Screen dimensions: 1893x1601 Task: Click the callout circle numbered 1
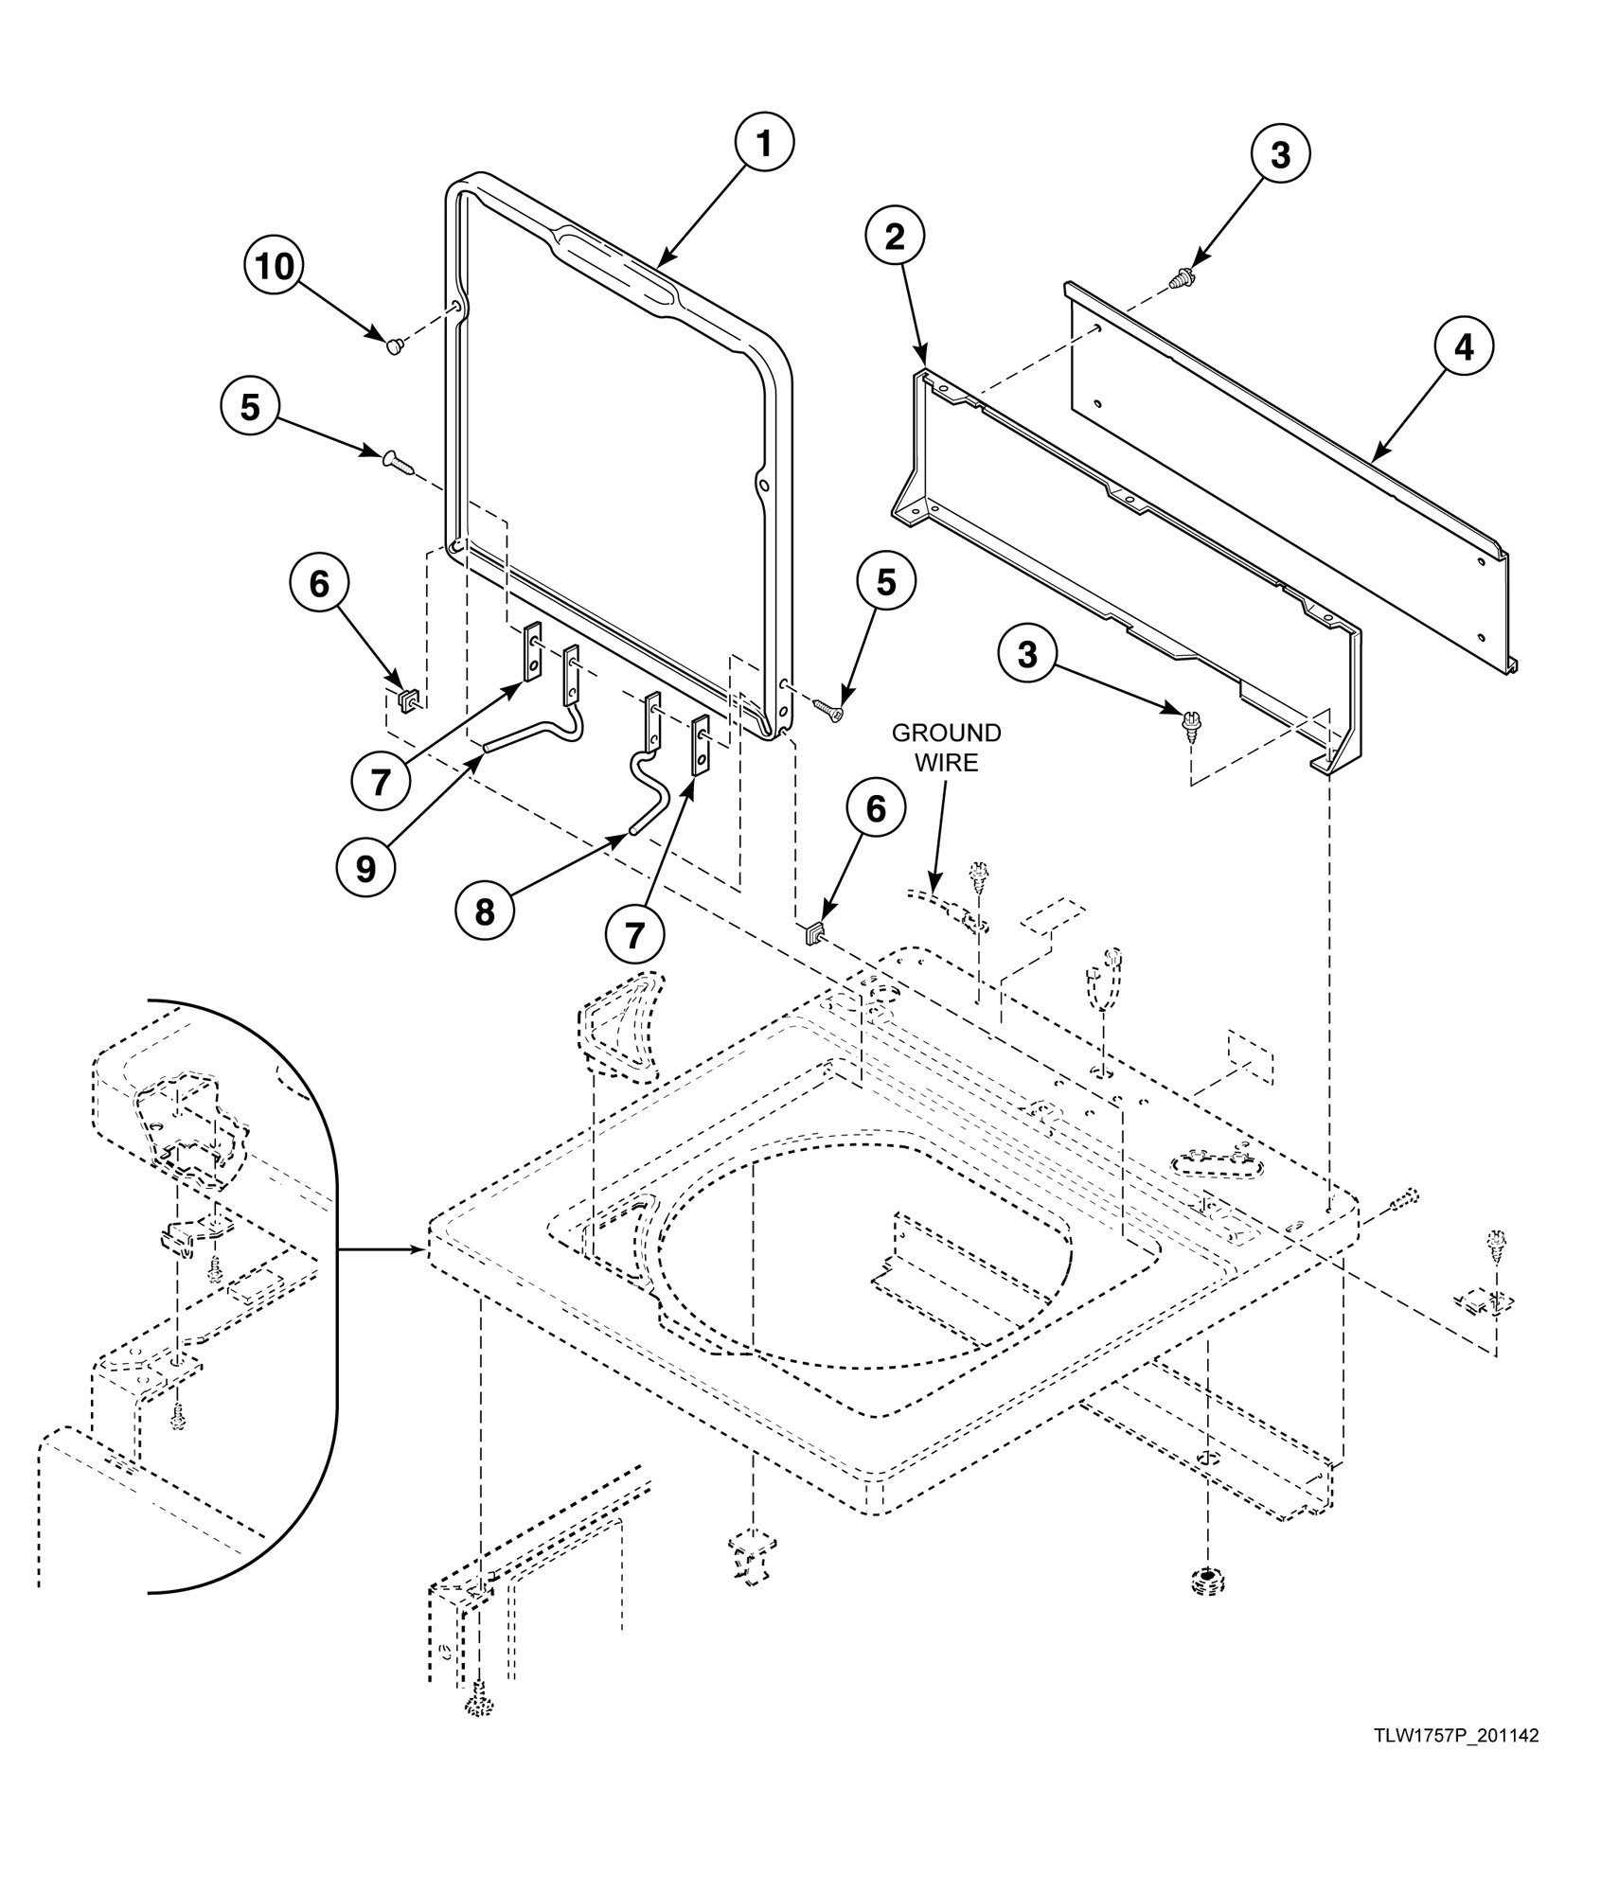coord(764,142)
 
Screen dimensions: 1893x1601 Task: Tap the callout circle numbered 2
coord(894,239)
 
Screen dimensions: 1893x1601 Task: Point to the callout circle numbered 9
coord(365,869)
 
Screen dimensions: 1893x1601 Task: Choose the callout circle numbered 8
coord(484,911)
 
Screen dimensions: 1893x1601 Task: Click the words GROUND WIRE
coord(946,748)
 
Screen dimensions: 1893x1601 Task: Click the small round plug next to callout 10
coord(395,346)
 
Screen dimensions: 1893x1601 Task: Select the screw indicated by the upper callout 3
coord(1183,278)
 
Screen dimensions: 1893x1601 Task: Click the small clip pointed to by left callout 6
coord(407,700)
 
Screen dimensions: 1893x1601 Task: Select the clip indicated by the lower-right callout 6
coord(812,936)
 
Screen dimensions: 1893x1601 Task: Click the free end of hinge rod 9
coord(486,747)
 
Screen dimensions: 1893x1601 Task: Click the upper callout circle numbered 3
coord(1279,154)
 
